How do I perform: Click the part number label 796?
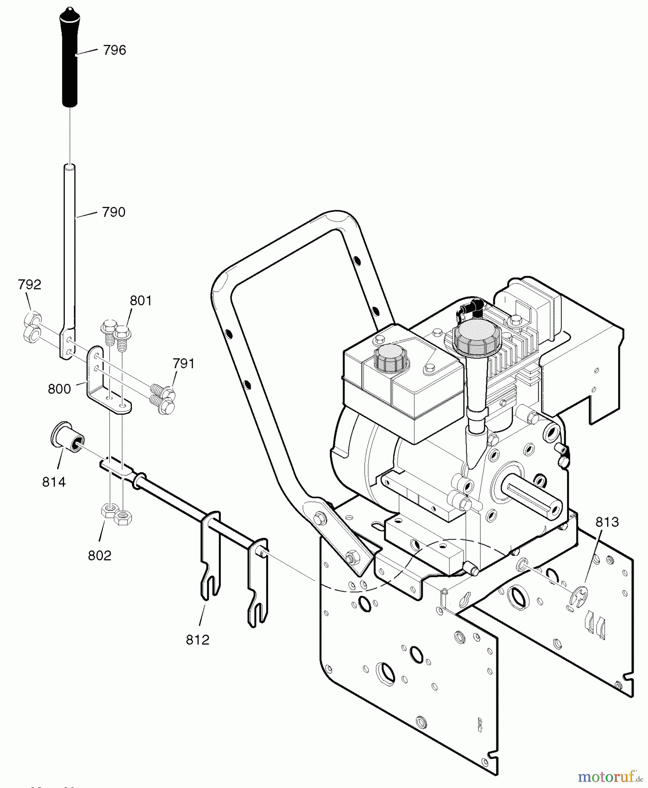coord(114,50)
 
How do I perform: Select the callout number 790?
coord(113,212)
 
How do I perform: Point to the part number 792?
coord(29,285)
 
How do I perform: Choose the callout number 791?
coord(183,364)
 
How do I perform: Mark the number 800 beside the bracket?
coord(59,389)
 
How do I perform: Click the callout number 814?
coord(54,482)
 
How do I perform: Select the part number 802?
coord(99,556)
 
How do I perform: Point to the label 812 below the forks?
coord(198,640)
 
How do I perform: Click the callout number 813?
coord(607,522)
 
